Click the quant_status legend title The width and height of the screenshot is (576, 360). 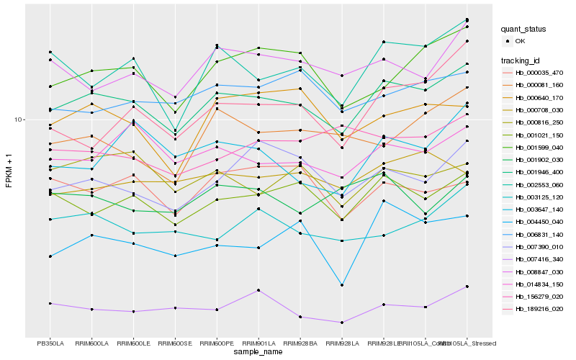click(x=524, y=30)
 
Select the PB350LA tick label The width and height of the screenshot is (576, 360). click(x=50, y=343)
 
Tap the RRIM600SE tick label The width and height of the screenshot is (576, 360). click(x=175, y=343)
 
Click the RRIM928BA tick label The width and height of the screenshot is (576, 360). click(x=300, y=343)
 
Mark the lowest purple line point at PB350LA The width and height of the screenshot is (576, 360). click(x=50, y=304)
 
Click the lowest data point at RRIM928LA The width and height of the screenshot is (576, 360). click(x=341, y=323)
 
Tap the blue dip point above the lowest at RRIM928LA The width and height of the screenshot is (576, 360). click(x=341, y=285)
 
